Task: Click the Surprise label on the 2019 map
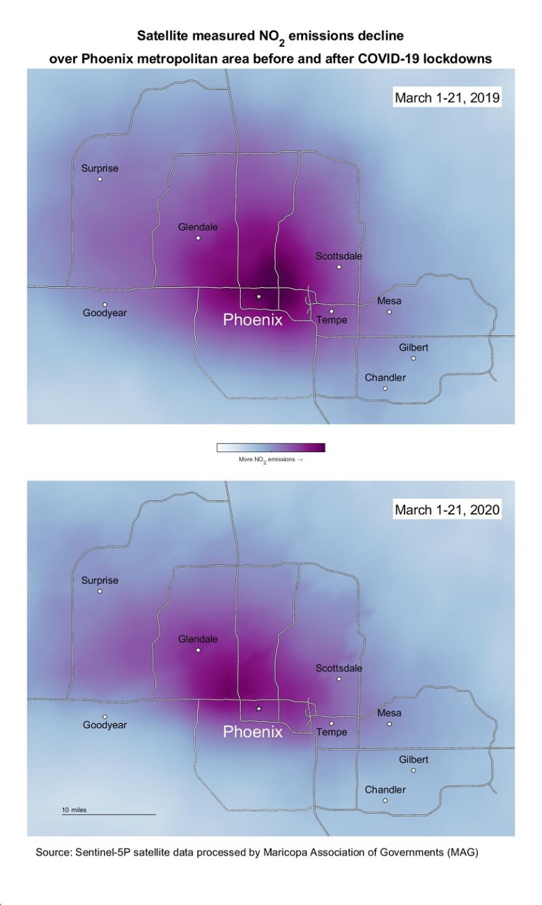tap(100, 168)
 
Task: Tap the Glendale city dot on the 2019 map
tap(198, 238)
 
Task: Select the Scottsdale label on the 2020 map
tap(339, 668)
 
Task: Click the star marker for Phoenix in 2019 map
tap(259, 297)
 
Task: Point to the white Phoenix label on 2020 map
tap(253, 732)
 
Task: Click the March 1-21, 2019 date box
tap(447, 97)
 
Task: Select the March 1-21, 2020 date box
tap(447, 509)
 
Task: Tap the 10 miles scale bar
tap(108, 814)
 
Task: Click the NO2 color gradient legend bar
tap(270, 448)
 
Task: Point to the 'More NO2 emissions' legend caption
tap(270, 460)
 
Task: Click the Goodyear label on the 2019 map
tap(105, 313)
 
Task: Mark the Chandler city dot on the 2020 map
tap(385, 800)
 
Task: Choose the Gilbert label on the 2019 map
tap(413, 347)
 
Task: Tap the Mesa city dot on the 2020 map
tap(389, 724)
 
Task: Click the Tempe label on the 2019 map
tap(332, 320)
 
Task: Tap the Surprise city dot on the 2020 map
tap(100, 591)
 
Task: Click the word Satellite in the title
tap(162, 36)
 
